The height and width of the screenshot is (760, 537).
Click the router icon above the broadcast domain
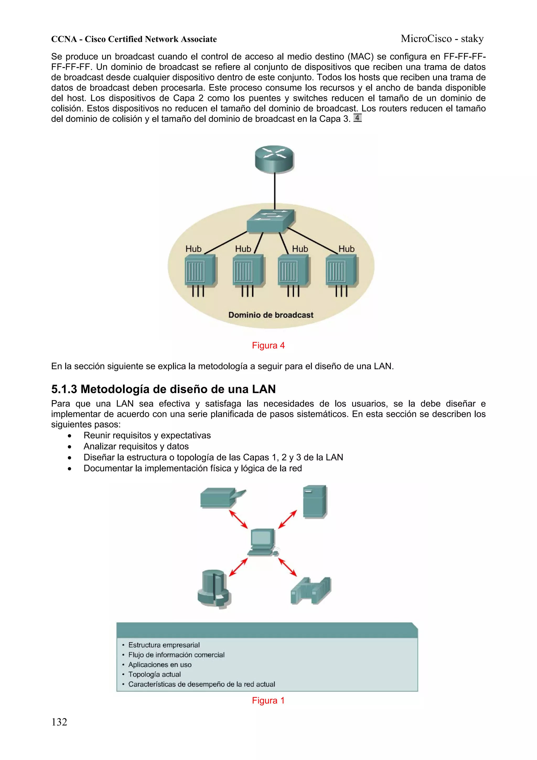coord(274,159)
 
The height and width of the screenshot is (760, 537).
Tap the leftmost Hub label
coord(193,249)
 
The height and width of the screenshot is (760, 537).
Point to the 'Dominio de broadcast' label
coord(271,315)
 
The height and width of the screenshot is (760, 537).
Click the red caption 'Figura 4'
coord(268,345)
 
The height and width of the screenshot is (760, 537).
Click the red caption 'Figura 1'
coord(268,700)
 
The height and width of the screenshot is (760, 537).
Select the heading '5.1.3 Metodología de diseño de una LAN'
coord(163,389)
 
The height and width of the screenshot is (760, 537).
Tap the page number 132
coord(59,722)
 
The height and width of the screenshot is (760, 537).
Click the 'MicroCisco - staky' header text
coord(442,39)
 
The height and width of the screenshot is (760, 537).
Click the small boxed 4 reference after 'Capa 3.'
coord(357,118)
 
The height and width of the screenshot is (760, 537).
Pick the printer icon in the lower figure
coord(221,497)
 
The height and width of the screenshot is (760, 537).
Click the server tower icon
coord(314,502)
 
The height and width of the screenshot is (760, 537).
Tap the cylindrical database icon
coord(214,588)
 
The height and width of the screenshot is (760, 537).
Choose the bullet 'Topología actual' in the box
coord(154,674)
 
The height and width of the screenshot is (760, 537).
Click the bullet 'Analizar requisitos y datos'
coord(136,446)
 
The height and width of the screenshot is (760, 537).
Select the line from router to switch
coord(275,190)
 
